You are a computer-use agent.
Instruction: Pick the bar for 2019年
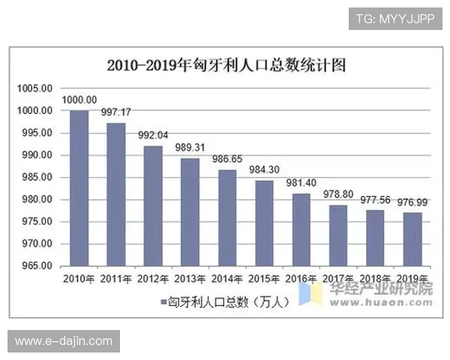click(412, 239)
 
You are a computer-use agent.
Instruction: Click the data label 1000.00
click(79, 100)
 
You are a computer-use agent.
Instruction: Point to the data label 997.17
click(116, 112)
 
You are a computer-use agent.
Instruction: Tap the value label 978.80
click(338, 194)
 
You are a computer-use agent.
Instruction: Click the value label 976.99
click(412, 202)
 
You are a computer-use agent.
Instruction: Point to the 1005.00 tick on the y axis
click(35, 88)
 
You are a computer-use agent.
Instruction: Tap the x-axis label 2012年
click(153, 279)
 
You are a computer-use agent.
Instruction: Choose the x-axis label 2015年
click(264, 279)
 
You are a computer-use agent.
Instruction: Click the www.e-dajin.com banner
click(63, 341)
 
